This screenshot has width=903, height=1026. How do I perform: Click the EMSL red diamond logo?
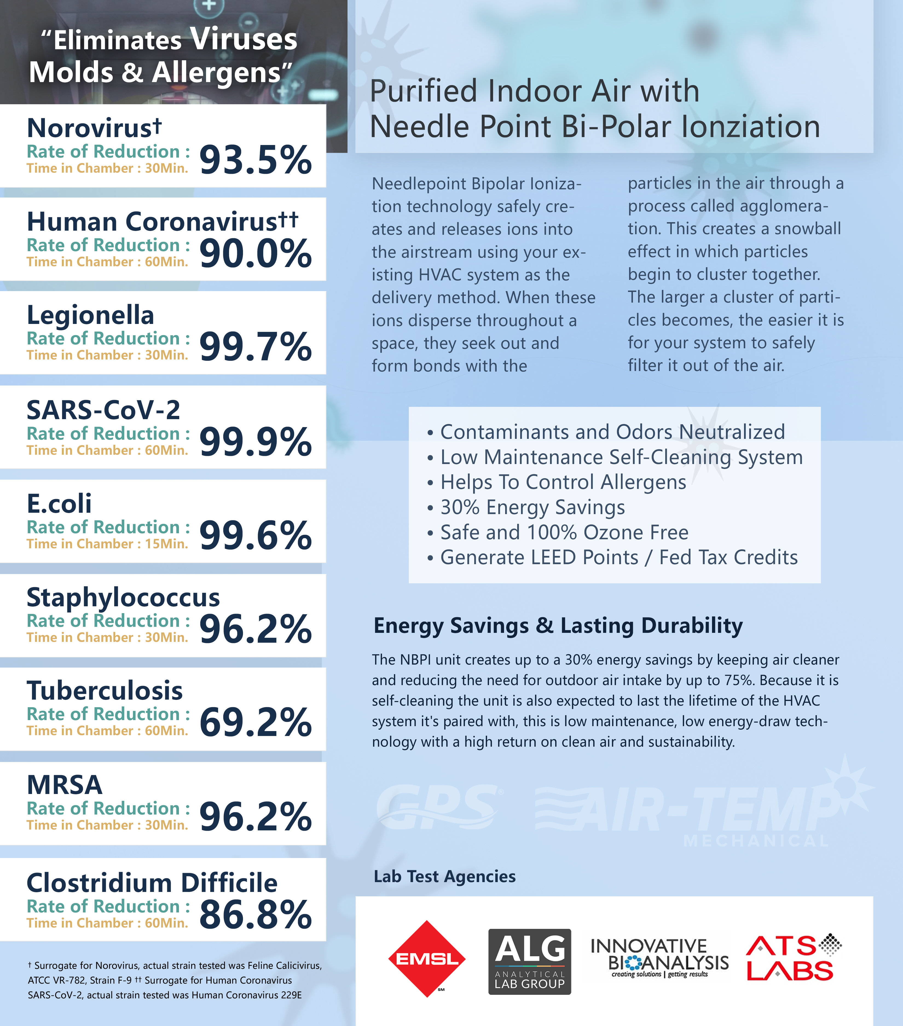[427, 959]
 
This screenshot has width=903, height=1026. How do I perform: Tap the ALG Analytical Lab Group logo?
[529, 961]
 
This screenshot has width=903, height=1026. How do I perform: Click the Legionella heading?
[90, 315]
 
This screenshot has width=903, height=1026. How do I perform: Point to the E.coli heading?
[59, 503]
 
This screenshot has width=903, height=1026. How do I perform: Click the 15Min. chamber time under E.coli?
[166, 544]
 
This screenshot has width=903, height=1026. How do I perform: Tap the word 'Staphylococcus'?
[123, 597]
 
